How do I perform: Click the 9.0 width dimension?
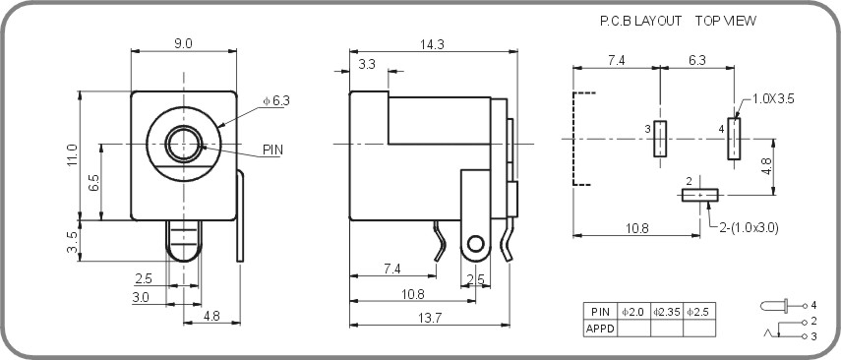(x=183, y=42)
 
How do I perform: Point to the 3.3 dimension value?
(x=366, y=64)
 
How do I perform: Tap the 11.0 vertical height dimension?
(x=71, y=154)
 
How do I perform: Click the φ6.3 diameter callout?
(x=276, y=100)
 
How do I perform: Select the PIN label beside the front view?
(x=273, y=150)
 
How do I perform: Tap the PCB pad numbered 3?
(x=660, y=139)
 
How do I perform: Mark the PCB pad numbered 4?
(x=734, y=139)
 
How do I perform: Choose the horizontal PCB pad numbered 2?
(x=700, y=195)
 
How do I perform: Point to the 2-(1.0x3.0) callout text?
(x=751, y=227)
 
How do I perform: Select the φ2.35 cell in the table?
(x=666, y=312)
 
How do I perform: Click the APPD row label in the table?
(x=599, y=329)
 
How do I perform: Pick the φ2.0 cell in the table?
(x=632, y=312)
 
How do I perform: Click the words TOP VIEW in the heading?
(x=725, y=20)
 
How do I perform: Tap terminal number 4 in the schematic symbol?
(x=813, y=305)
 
